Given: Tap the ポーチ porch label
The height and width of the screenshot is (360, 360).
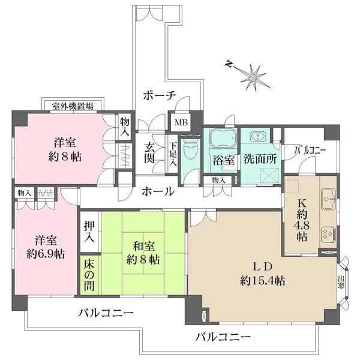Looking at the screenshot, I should coord(159,95).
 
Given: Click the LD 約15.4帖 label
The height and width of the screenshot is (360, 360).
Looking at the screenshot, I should coord(263,272).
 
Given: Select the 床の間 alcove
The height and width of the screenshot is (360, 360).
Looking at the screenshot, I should coord(89,275).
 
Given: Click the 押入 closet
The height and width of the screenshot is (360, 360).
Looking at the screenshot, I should coord(89,230).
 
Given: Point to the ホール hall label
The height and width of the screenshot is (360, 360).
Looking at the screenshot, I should coord(158,192).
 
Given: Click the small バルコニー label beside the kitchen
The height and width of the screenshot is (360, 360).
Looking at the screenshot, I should coord(310,150).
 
